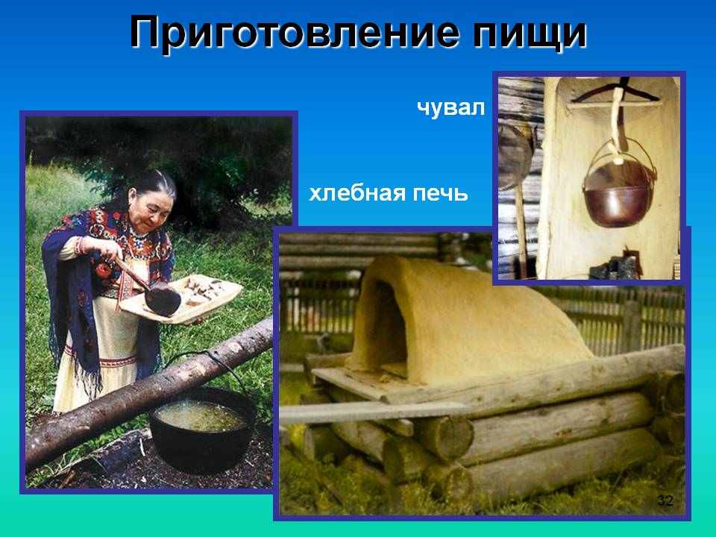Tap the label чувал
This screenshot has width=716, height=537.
point(450,107)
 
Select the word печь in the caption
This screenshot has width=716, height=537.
point(441,194)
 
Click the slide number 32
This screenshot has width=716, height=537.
point(665,501)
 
